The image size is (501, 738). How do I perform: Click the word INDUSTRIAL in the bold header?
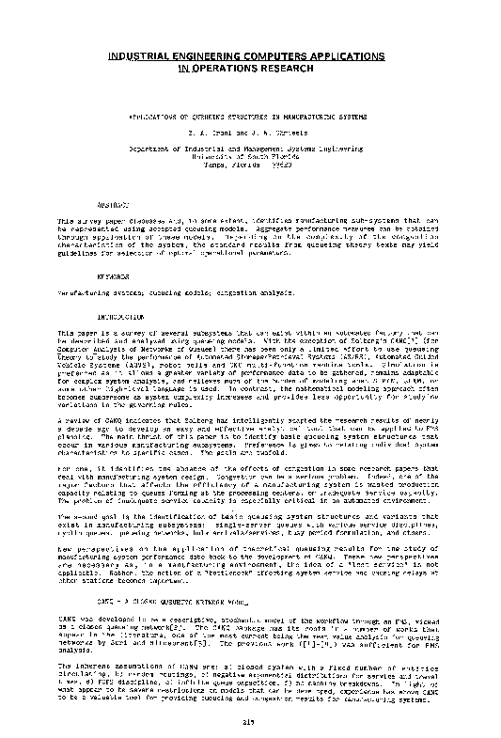[x=141, y=56]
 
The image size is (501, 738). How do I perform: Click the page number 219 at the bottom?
[x=250, y=722]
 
